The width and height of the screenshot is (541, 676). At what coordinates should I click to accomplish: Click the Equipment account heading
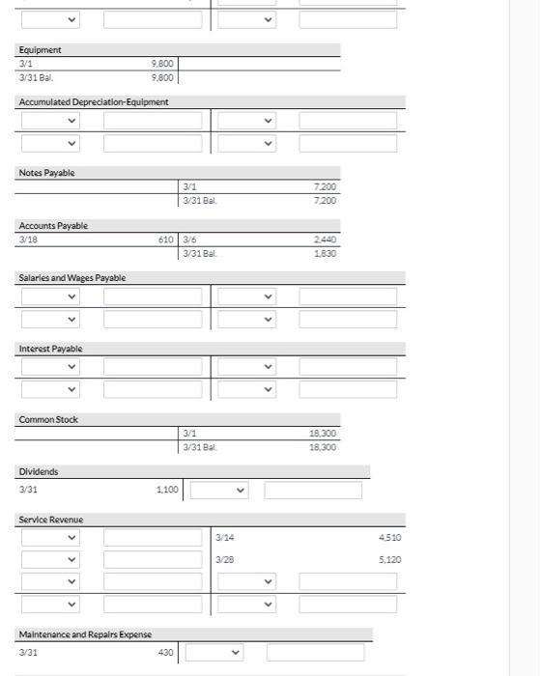click(x=40, y=50)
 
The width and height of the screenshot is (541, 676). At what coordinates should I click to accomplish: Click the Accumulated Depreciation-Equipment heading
click(x=94, y=102)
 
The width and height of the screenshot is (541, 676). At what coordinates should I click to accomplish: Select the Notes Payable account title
click(x=46, y=173)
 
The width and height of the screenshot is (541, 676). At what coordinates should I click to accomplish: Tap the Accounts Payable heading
click(x=53, y=226)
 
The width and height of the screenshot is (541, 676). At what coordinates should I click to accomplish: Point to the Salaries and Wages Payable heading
click(x=72, y=278)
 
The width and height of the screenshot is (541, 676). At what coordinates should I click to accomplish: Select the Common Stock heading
click(x=48, y=420)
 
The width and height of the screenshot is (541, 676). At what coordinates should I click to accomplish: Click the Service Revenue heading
click(x=51, y=521)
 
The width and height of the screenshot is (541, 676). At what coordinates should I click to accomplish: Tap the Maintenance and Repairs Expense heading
click(x=85, y=634)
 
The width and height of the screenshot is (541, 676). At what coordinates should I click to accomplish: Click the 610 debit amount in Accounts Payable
click(x=166, y=239)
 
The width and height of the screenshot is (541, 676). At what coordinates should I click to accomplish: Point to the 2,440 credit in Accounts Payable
click(x=326, y=239)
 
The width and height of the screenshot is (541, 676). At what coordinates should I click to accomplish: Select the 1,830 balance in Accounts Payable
click(x=326, y=253)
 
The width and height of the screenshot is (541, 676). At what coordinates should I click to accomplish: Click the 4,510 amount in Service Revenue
click(x=389, y=538)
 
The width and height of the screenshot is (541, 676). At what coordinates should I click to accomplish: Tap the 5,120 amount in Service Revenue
click(x=389, y=560)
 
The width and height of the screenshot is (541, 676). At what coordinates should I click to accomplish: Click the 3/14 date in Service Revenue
click(x=224, y=538)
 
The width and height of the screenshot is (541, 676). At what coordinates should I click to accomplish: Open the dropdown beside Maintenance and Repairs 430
click(x=214, y=653)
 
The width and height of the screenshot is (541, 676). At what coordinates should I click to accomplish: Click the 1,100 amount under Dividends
click(x=167, y=491)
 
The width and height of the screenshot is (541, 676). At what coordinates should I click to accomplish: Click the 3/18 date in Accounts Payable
click(x=28, y=239)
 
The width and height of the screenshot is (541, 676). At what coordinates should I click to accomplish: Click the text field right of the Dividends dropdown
click(x=313, y=491)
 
